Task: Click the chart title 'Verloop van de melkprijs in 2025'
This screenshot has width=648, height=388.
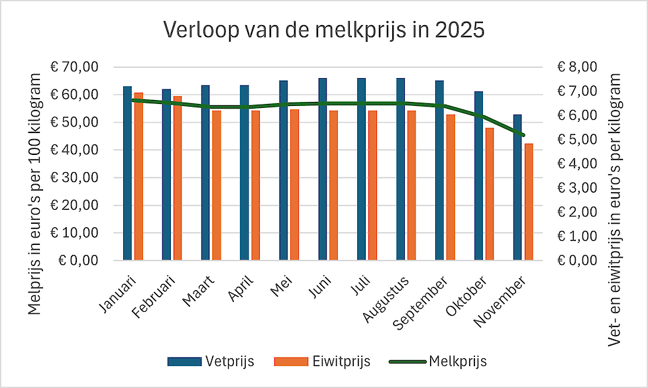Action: tap(324, 30)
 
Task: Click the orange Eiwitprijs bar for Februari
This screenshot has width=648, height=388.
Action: tap(178, 178)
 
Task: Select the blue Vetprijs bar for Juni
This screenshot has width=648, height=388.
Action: tap(323, 169)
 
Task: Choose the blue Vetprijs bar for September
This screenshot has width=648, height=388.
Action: tap(439, 170)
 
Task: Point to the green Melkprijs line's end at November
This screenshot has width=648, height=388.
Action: tap(523, 135)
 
